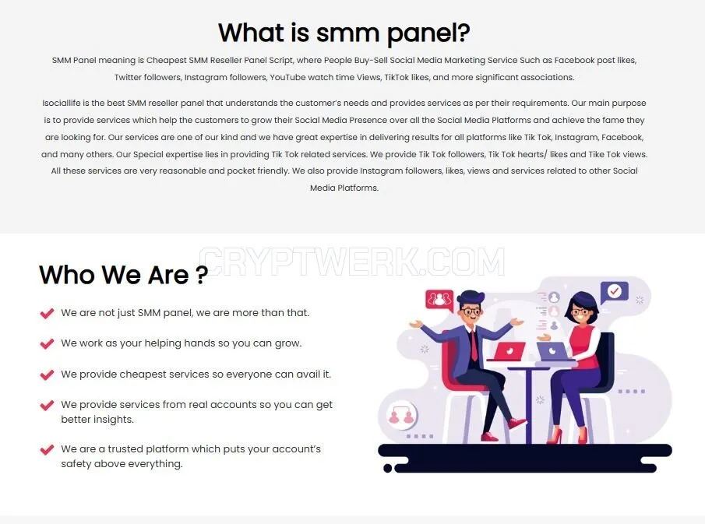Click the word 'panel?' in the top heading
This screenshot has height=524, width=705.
(x=428, y=33)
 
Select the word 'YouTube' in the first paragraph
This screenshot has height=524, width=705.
(x=287, y=77)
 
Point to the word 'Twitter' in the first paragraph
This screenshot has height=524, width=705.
(x=128, y=77)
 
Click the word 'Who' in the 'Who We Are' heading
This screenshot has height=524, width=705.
(x=67, y=275)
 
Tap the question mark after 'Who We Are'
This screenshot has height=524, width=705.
(x=203, y=275)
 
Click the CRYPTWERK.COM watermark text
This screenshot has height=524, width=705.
(x=352, y=262)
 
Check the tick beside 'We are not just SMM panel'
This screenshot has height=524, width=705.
(x=47, y=313)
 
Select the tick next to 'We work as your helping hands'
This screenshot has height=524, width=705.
(x=47, y=344)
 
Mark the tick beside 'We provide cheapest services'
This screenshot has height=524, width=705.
(x=47, y=375)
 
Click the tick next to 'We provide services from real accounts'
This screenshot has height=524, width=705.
(x=47, y=406)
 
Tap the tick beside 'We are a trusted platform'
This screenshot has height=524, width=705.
(x=47, y=449)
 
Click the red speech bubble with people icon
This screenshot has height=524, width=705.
(x=439, y=300)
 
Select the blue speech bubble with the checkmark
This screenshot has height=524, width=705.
(x=614, y=292)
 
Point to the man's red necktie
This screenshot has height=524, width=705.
(x=474, y=344)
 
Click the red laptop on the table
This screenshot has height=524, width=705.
(x=509, y=351)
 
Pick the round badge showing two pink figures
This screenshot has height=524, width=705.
(x=401, y=416)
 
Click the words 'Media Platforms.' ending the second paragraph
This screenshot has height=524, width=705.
(x=344, y=188)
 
